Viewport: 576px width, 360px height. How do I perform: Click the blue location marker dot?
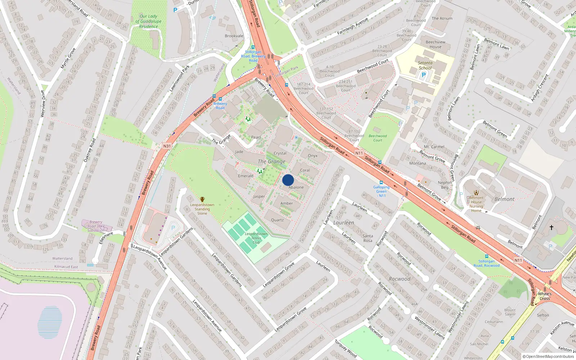[x=288, y=180]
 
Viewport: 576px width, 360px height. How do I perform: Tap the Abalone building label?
[x=296, y=187]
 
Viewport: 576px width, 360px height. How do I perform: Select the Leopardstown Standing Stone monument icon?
[x=202, y=199]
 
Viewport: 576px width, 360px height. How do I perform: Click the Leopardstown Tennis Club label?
[x=256, y=238]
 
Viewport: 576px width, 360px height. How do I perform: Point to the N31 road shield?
[x=167, y=146]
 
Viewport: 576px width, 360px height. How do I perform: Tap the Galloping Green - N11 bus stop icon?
[x=381, y=183]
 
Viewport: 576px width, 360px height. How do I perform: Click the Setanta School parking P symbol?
[x=423, y=75]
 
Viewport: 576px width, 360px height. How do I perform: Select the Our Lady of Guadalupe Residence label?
[x=148, y=21]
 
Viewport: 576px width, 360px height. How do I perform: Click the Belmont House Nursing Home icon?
[x=476, y=193]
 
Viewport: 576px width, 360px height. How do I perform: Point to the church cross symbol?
[x=551, y=227]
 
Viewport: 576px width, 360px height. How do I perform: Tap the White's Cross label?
[x=545, y=296]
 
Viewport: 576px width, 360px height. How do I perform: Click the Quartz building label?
[x=277, y=220]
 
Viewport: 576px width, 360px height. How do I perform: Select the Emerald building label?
[x=246, y=176]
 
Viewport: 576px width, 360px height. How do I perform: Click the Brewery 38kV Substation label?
[x=96, y=226]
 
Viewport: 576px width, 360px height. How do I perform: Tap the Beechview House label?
[x=435, y=44]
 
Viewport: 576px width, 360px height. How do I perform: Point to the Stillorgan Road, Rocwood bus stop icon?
[x=486, y=256]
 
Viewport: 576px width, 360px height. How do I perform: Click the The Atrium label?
[x=442, y=18]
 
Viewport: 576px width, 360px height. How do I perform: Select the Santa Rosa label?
[x=368, y=238]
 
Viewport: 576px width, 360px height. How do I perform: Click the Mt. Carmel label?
[x=434, y=147]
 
